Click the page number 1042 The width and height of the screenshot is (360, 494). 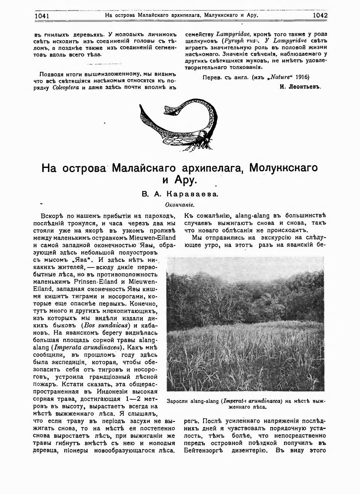pyautogui.click(x=320, y=15)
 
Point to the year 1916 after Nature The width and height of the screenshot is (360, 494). pyautogui.click(x=302, y=77)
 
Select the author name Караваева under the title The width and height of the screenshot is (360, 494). pyautogui.click(x=191, y=195)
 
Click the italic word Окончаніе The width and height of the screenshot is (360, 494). pyautogui.click(x=180, y=205)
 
